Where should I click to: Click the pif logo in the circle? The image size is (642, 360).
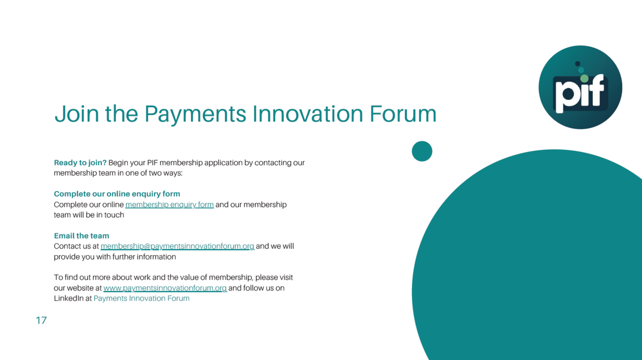coord(580,87)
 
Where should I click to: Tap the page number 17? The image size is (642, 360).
coord(41,320)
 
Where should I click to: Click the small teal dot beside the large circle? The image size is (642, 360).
coord(422,151)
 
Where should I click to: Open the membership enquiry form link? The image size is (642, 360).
coord(170,205)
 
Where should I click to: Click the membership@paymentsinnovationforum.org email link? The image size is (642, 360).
coord(178,246)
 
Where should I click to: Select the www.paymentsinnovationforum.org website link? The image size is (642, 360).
coord(165,288)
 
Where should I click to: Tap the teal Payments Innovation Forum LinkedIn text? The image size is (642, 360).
coord(142,298)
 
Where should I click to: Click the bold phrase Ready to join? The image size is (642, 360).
coord(80,163)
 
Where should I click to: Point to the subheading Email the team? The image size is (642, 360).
coord(81,235)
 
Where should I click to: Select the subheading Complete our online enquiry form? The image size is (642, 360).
coord(117,194)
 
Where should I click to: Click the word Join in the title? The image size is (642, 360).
coord(77,114)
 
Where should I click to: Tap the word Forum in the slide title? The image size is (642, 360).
coord(403,114)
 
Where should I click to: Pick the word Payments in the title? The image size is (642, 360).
coord(195,114)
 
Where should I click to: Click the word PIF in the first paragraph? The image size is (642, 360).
coord(152,163)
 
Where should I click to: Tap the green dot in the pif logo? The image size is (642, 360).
coord(584,78)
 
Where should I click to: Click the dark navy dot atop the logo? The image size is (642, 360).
coord(577,64)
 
